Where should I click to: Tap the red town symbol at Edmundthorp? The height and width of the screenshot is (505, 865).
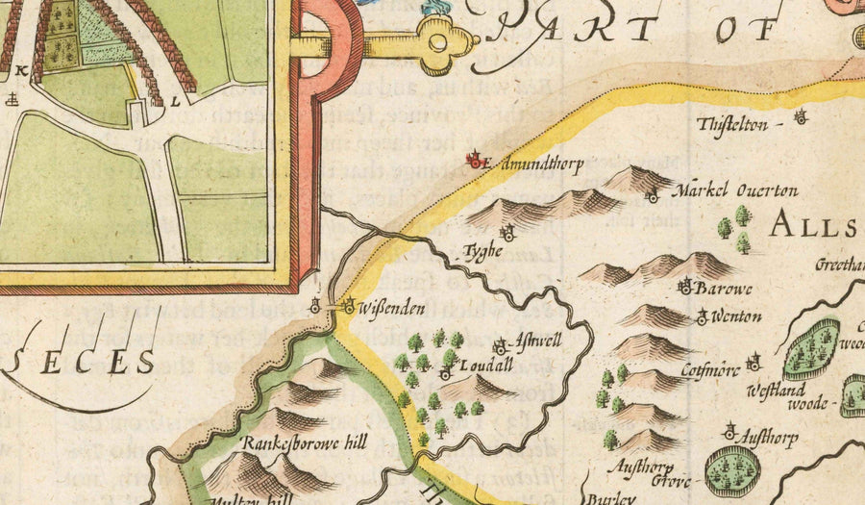click(474, 161)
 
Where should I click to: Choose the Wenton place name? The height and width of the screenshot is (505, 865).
click(737, 316)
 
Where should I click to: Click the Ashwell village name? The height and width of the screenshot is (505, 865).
click(537, 341)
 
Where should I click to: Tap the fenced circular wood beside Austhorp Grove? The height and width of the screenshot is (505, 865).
click(732, 470)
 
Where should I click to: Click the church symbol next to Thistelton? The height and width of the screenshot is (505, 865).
click(800, 117)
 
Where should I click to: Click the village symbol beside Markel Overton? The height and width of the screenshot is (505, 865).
click(652, 197)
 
